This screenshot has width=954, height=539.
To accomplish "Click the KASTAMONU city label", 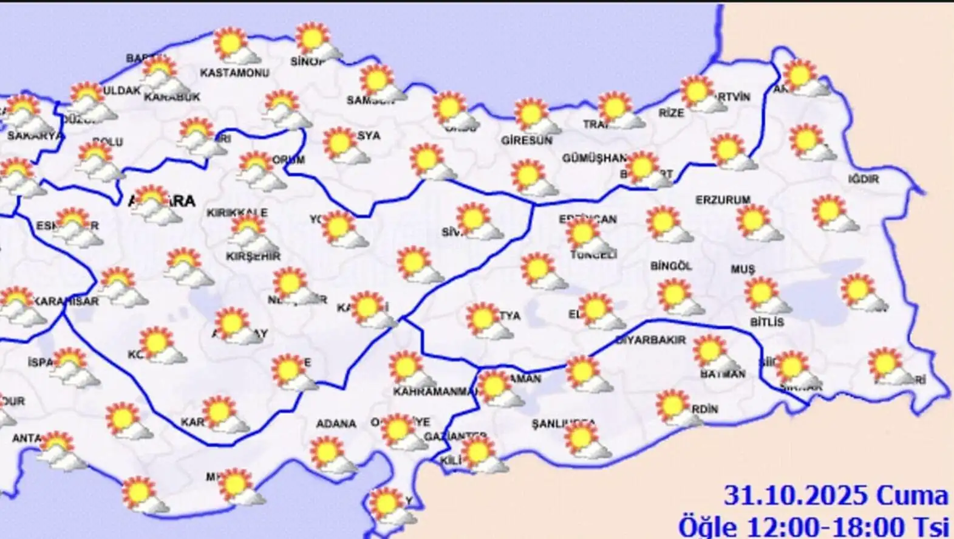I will click(x=234, y=73).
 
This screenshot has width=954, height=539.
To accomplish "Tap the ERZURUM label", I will click(x=723, y=200).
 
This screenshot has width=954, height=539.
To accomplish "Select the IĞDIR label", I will click(x=864, y=179).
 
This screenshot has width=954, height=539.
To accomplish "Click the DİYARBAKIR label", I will click(x=650, y=340).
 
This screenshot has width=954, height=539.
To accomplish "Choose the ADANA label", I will click(x=336, y=424).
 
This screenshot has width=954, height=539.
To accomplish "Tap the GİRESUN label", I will click(x=526, y=140).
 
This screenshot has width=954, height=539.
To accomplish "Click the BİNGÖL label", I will click(x=671, y=266).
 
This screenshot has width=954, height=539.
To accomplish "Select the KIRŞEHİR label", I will click(x=253, y=256).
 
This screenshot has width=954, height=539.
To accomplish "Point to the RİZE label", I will click(x=671, y=113).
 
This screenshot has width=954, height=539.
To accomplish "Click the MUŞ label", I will click(x=743, y=269).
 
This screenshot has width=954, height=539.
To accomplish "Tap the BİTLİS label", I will click(x=767, y=322).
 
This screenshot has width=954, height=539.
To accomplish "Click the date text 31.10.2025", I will click(x=795, y=496).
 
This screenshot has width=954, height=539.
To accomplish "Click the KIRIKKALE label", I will click(x=237, y=213).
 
